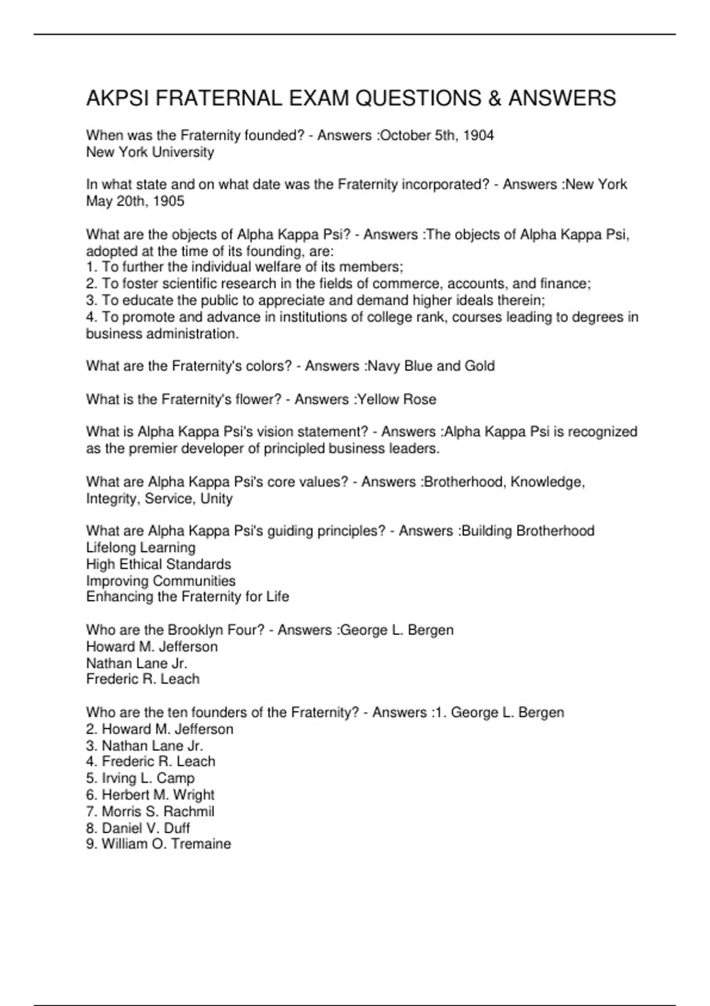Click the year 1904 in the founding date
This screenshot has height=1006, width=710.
(478, 136)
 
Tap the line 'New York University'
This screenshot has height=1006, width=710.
(150, 152)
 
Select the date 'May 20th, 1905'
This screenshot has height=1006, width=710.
(135, 201)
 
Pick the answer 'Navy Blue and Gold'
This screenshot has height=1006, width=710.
(431, 366)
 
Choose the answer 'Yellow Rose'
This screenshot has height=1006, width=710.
(397, 399)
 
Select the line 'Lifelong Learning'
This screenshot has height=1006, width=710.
(141, 547)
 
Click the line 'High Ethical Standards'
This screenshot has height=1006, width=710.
(159, 564)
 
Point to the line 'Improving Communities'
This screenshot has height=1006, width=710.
(161, 581)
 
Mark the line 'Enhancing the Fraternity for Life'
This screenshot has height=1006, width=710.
(188, 596)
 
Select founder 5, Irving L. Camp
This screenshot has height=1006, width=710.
(140, 778)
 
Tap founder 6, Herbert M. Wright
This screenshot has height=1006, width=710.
(150, 795)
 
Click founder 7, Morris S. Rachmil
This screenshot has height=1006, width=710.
(150, 811)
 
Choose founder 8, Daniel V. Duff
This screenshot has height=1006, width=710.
(138, 828)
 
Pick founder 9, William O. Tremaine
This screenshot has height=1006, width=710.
(159, 844)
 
